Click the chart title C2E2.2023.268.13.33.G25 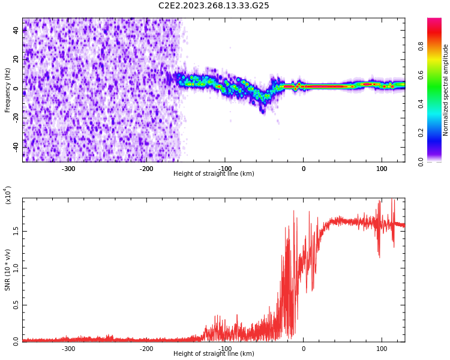[x=214, y=6]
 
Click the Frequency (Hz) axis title [x=8, y=90]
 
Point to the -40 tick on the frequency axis [x=14, y=147]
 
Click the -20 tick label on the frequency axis [x=14, y=118]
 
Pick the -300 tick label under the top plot [x=68, y=169]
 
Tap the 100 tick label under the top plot [x=382, y=169]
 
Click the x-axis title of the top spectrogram [x=214, y=174]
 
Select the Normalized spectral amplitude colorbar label [x=446, y=90]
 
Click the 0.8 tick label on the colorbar [x=421, y=46]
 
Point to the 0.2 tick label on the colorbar [x=421, y=133]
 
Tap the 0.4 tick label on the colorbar [x=421, y=104]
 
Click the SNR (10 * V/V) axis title [x=8, y=270]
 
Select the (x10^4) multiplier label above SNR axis [x=8, y=195]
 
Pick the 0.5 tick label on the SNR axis [x=16, y=305]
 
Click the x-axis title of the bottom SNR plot [x=214, y=354]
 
